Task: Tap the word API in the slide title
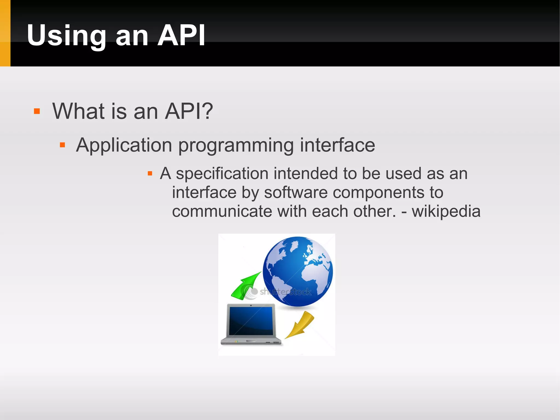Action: pos(181,36)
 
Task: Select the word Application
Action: pos(124,145)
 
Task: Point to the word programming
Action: pos(236,146)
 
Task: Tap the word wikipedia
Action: pos(446,211)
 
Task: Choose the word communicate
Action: pos(222,211)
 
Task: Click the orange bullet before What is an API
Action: pos(37,111)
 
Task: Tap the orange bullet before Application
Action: pos(62,145)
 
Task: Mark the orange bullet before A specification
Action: pos(150,173)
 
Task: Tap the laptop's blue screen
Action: pos(251,321)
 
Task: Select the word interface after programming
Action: pos(337,145)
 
